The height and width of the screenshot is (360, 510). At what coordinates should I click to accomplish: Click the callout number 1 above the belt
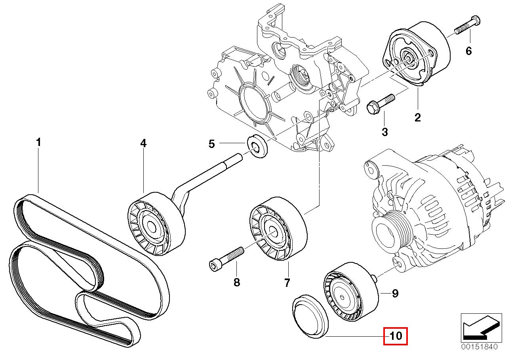pyautogui.click(x=38, y=142)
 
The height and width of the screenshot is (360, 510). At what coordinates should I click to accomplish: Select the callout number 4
pyautogui.click(x=143, y=144)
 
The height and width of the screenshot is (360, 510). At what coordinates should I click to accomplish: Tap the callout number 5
pyautogui.click(x=212, y=144)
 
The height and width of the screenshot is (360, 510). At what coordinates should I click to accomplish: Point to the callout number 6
pyautogui.click(x=469, y=51)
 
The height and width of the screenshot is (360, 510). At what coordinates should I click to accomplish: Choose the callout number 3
pyautogui.click(x=384, y=132)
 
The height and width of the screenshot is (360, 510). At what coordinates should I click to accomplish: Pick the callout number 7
pyautogui.click(x=287, y=283)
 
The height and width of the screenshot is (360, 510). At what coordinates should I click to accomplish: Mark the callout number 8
pyautogui.click(x=236, y=283)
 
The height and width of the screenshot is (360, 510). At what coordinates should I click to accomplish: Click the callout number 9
pyautogui.click(x=395, y=293)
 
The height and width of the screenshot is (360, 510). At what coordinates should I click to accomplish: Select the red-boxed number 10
pyautogui.click(x=396, y=336)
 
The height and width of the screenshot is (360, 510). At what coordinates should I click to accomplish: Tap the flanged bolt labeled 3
pyautogui.click(x=379, y=102)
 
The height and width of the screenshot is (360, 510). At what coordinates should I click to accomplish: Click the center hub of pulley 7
pyautogui.click(x=272, y=232)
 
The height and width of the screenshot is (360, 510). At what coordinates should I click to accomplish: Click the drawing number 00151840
pyautogui.click(x=478, y=347)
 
